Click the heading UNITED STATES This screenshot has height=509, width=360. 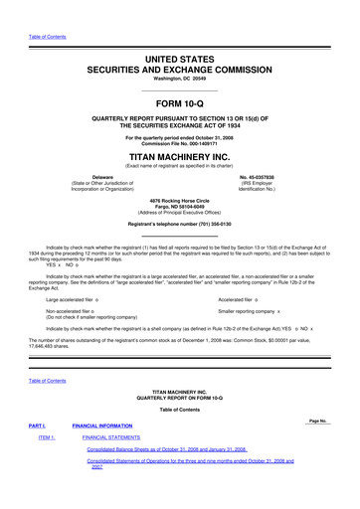coord(180,61)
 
